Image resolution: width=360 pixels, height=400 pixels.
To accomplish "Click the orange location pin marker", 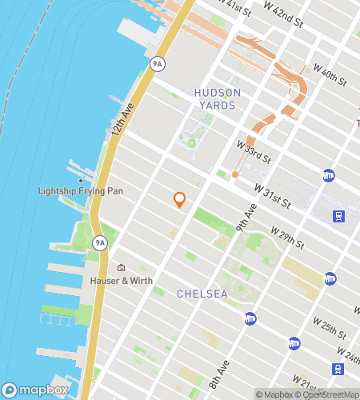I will coord(180,199).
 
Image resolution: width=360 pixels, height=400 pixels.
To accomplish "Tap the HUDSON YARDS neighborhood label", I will coord(215,99).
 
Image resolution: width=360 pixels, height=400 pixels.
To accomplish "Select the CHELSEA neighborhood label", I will coord(202,294).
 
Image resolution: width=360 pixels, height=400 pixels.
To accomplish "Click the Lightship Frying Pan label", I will coord(70,191).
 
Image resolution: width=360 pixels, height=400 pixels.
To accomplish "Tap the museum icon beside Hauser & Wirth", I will coord(121,268).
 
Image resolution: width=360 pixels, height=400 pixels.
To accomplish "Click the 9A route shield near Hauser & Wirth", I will coord(100,242).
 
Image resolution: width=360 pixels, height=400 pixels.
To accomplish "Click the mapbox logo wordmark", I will coord(37,390).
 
